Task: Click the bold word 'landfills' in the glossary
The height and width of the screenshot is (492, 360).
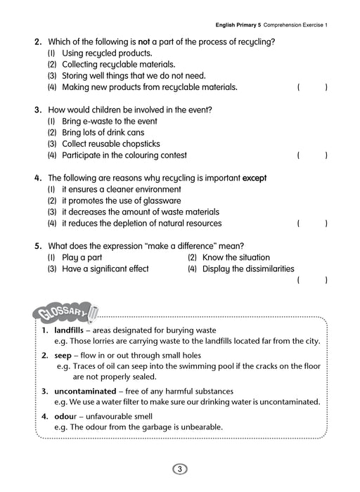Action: pos(68,330)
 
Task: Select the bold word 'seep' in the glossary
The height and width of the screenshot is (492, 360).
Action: pos(63,355)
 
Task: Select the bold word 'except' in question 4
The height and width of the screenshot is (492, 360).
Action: pos(255,178)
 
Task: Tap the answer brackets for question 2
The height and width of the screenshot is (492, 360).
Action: pos(312,87)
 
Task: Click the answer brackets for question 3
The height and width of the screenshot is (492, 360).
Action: pos(312,155)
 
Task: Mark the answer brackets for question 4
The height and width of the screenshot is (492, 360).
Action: pos(312,224)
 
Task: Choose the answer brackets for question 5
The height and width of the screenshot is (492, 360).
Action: pos(312,280)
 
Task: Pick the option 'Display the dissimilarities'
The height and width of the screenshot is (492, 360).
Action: pos(247,268)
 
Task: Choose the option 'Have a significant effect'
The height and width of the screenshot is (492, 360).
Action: pos(105,268)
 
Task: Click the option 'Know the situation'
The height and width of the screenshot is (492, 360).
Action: pos(236,257)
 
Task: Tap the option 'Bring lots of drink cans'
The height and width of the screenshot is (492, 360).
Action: pos(103,132)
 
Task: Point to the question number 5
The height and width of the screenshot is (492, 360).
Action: pos(38,246)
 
